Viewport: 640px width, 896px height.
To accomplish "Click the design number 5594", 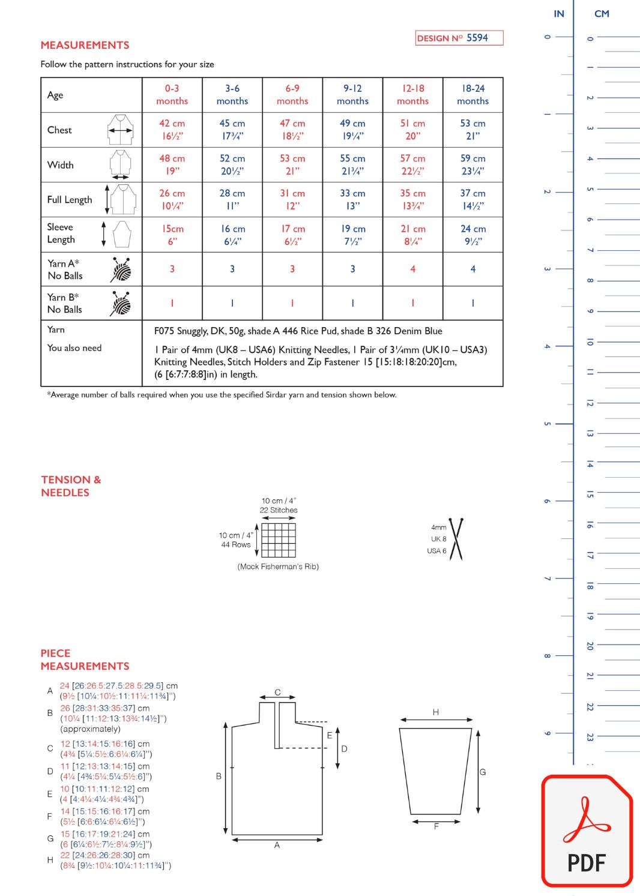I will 477,38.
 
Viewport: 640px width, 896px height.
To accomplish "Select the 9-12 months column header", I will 352,95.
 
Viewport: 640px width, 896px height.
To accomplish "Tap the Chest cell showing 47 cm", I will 292,130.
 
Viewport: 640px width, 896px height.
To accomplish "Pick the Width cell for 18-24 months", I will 472,164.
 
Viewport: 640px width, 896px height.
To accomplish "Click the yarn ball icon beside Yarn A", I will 121,269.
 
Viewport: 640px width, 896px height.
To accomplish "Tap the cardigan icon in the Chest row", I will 121,130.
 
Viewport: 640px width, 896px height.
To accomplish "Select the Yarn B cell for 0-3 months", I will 172,303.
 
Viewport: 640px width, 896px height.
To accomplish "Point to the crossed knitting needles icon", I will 456,539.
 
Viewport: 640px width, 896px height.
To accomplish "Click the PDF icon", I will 587,831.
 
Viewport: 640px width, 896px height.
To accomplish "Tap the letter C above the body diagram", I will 277,692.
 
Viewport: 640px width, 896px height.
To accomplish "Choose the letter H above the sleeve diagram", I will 435,712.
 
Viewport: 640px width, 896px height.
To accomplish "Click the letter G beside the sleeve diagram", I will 482,772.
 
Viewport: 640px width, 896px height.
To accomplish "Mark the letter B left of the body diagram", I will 219,776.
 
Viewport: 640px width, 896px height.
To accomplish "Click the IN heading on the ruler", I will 559,14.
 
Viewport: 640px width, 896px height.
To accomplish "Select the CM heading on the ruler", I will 602,14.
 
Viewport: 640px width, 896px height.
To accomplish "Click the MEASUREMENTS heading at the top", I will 85,45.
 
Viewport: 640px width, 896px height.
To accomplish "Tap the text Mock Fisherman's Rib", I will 278,567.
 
